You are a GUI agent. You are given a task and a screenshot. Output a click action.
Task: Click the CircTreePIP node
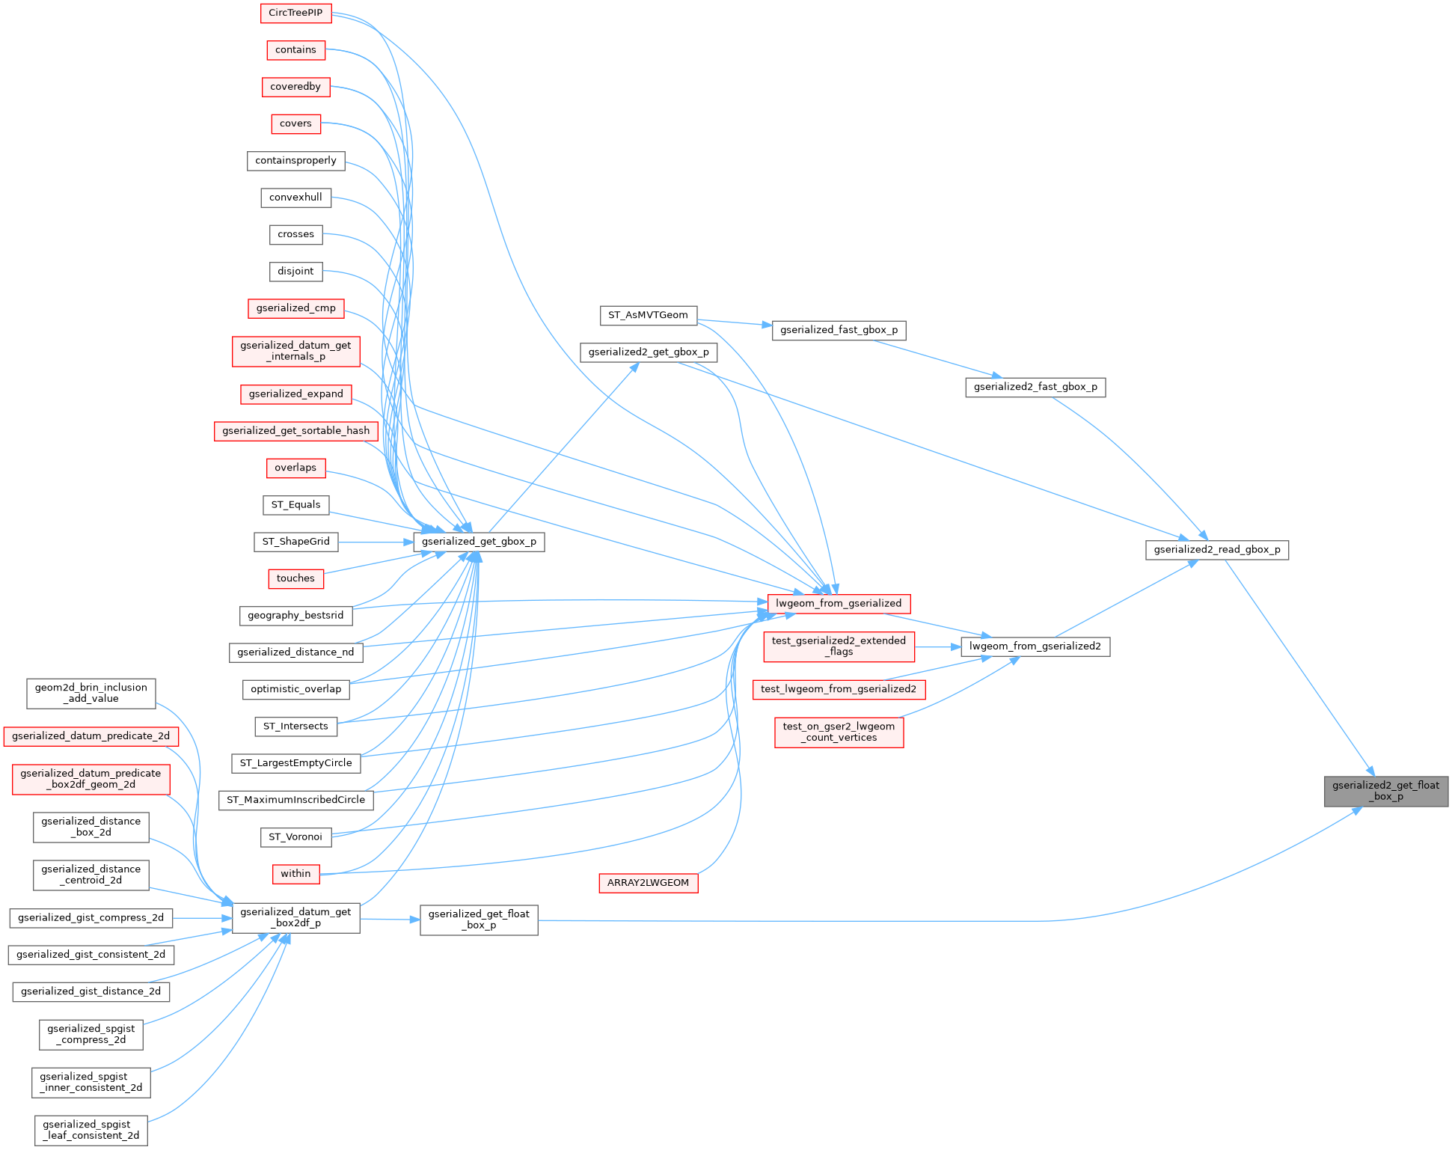coord(295,13)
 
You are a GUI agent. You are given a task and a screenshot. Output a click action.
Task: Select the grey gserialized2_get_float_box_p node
coord(1385,791)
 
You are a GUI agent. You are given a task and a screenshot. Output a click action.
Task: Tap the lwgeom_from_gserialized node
coord(838,603)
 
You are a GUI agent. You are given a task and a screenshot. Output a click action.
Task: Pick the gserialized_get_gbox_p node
coord(479,542)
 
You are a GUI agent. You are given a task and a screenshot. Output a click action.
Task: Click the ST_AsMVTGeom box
coord(648,315)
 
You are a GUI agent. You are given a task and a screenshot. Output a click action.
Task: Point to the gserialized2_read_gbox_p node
coord(1216,550)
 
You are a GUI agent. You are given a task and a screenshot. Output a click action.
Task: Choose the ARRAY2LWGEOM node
coord(648,883)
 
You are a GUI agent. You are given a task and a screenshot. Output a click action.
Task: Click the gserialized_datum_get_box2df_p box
coord(295,917)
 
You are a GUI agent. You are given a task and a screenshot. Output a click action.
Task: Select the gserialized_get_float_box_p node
coord(479,920)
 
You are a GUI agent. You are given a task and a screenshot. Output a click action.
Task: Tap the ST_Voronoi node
coord(295,836)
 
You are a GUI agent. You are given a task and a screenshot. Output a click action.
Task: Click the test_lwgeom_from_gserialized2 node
coord(838,689)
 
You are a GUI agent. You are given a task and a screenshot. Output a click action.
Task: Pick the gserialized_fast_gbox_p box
coord(839,330)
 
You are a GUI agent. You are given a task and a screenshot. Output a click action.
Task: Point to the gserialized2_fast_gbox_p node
coord(1035,387)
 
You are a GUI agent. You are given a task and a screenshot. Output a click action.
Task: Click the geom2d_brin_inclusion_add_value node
coord(91,693)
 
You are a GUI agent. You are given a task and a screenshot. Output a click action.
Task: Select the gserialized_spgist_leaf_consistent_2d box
coord(91,1130)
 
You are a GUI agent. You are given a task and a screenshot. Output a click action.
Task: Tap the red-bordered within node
coord(295,873)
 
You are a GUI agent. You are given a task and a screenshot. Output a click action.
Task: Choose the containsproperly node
coord(295,161)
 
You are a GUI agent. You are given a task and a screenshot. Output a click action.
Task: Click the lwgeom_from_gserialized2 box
coord(1035,646)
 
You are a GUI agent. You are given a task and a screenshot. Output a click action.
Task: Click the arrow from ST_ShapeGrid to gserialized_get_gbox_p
coord(374,542)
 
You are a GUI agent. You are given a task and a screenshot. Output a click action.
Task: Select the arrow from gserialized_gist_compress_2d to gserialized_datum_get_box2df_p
coord(202,917)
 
